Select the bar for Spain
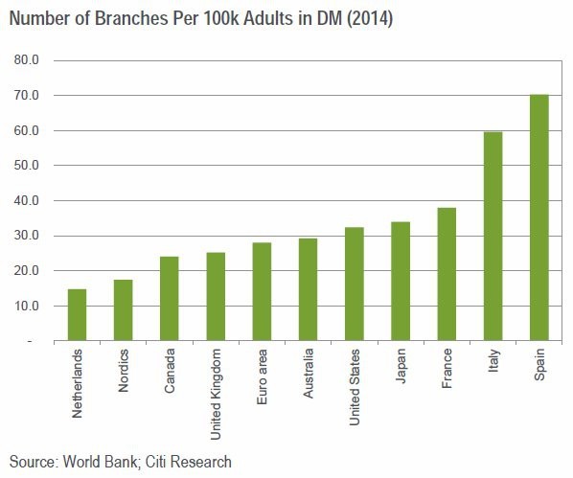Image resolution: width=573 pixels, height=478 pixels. (x=539, y=217)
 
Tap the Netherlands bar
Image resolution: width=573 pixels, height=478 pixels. (x=77, y=314)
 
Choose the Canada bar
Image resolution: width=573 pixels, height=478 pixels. (x=169, y=298)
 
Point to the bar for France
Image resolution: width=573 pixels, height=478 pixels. (x=446, y=274)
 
